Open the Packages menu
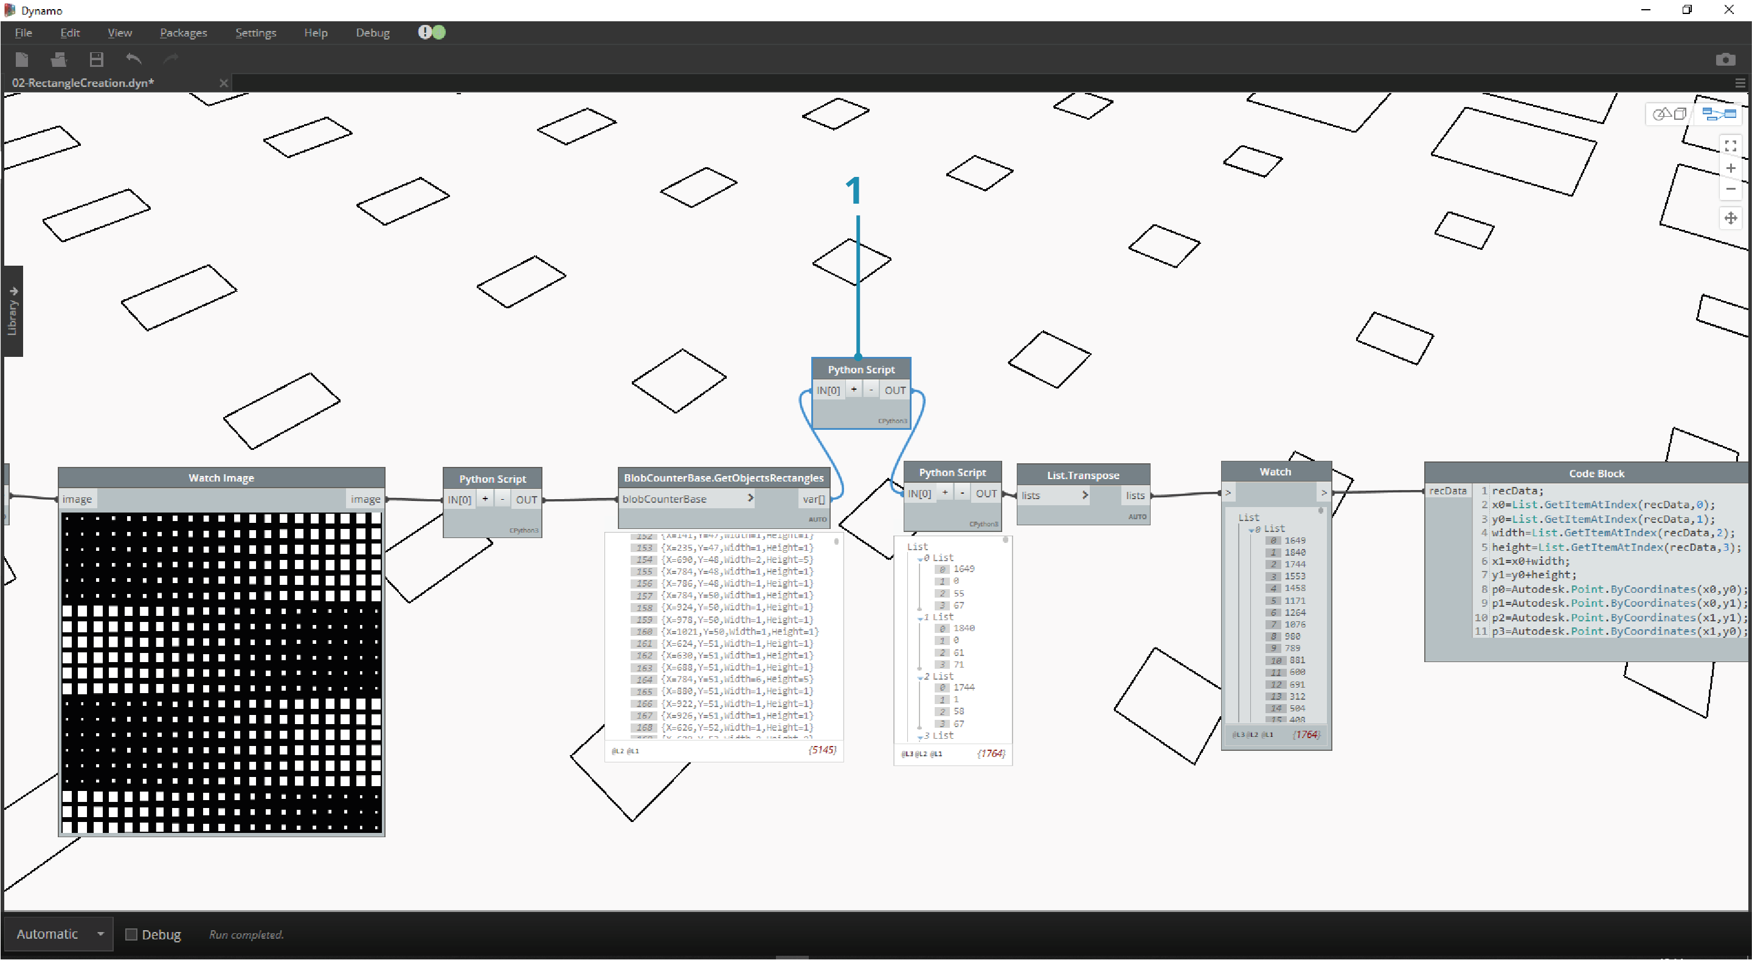point(183,33)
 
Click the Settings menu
point(255,33)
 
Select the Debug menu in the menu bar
point(372,33)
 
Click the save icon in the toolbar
point(97,60)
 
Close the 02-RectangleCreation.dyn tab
point(223,83)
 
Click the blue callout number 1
point(854,190)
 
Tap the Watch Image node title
point(221,478)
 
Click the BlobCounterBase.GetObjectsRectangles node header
point(723,478)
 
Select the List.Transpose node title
point(1082,475)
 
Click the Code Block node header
point(1595,473)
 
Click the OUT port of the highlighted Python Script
point(895,390)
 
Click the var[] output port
point(814,499)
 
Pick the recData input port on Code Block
point(1447,491)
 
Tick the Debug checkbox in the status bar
point(131,934)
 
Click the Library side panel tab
point(12,311)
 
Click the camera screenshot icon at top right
point(1725,60)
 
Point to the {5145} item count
point(822,750)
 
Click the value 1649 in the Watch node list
point(1294,540)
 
